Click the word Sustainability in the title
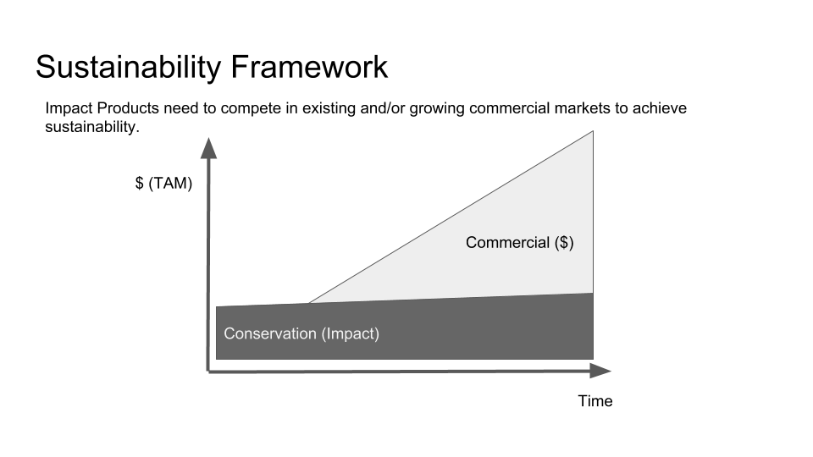tap(129, 68)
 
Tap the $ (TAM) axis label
tap(163, 183)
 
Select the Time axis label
tap(595, 401)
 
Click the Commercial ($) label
tap(519, 243)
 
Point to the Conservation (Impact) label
tap(301, 333)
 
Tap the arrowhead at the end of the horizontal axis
tap(601, 371)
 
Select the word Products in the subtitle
tap(128, 107)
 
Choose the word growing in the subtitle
tap(437, 109)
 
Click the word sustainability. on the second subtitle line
tap(92, 127)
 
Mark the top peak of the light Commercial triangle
tap(593, 132)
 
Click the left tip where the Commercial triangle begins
tap(309, 303)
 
